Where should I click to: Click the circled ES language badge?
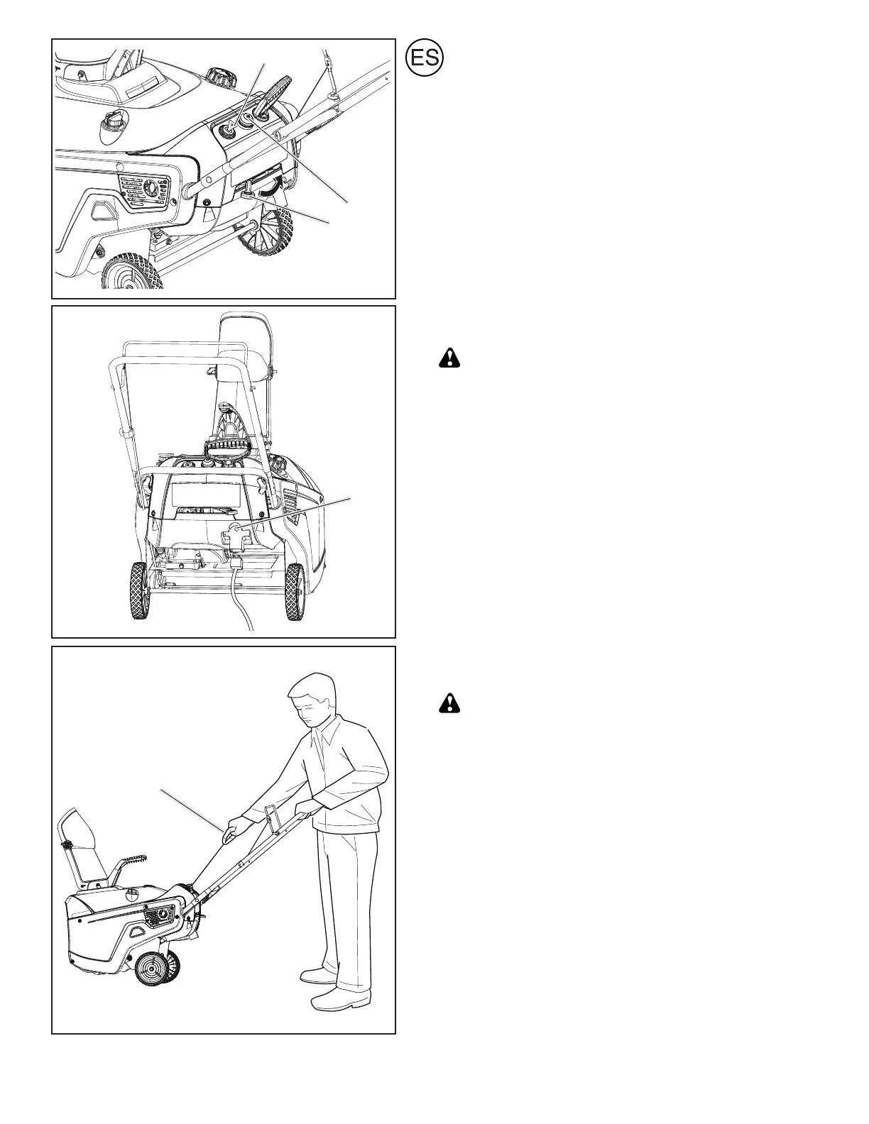pyautogui.click(x=425, y=59)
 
